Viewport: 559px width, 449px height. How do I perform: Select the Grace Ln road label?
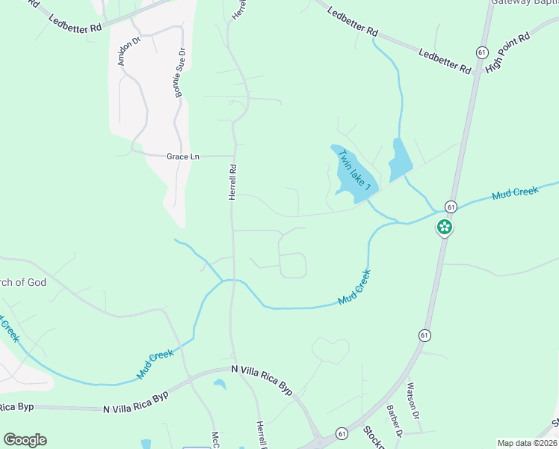183,156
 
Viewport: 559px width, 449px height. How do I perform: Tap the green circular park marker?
445,227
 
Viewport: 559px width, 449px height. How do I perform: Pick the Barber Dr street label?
394,421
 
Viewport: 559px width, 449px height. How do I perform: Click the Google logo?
25,440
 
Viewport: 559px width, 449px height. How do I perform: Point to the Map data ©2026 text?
527,443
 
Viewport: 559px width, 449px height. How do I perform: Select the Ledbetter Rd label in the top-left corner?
75,23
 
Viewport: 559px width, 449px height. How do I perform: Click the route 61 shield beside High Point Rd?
482,51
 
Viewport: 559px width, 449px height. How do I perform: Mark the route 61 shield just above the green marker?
451,206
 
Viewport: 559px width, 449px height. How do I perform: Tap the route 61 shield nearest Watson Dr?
424,335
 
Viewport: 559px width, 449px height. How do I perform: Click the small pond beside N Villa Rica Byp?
220,385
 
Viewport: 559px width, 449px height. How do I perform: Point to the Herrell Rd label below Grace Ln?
232,182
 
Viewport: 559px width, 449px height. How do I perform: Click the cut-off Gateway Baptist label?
524,2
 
